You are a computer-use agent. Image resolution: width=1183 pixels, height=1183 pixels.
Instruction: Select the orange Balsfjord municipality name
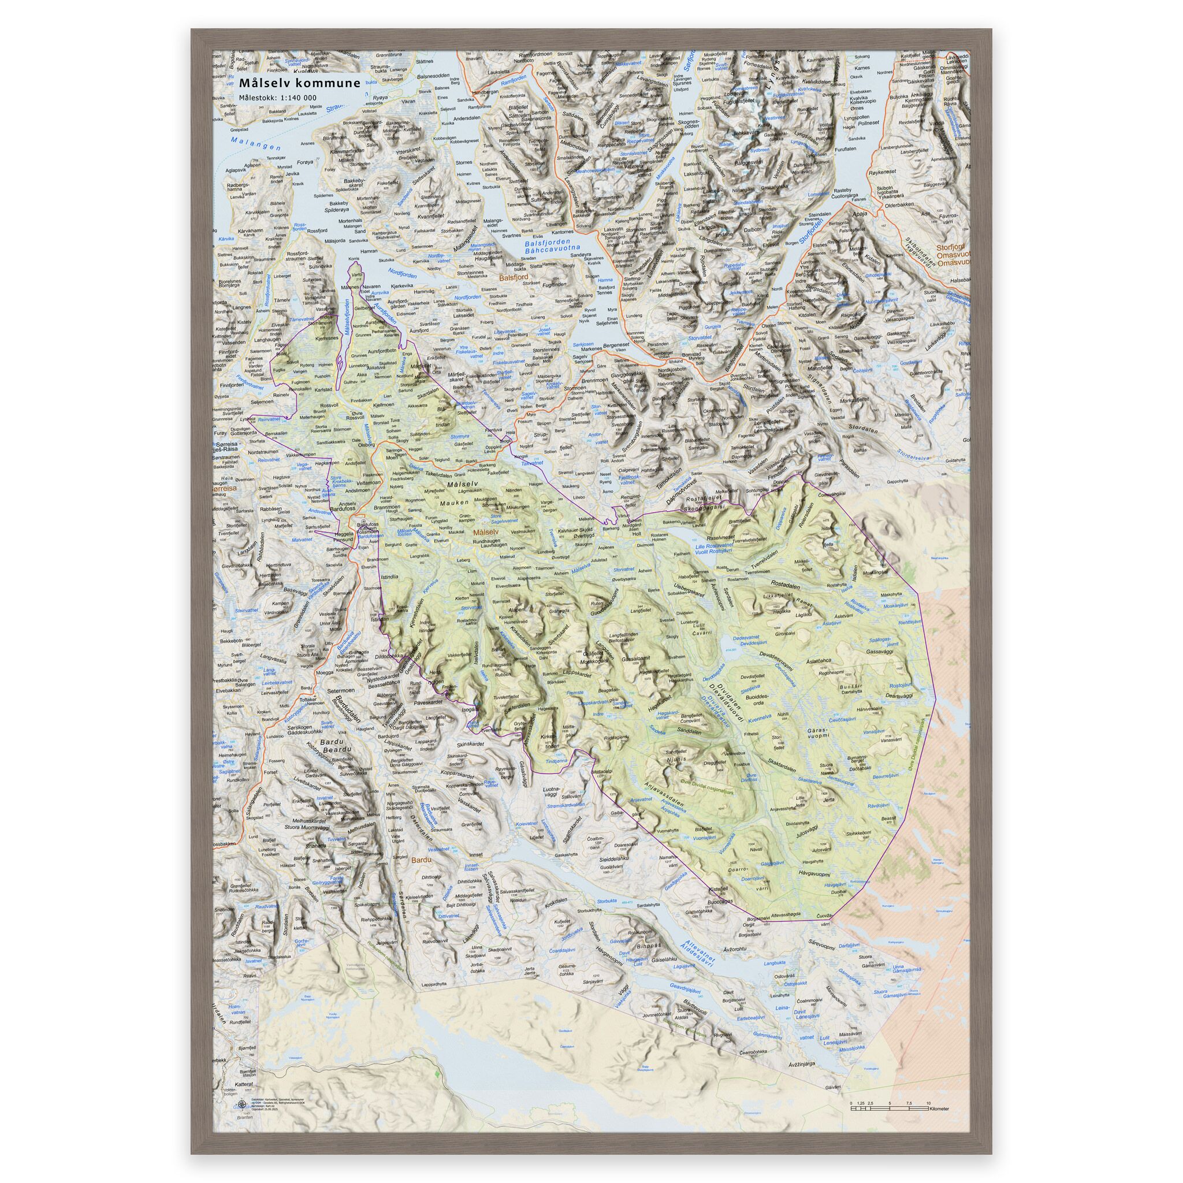pyautogui.click(x=513, y=277)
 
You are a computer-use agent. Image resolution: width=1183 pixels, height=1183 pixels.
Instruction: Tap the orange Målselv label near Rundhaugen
pyautogui.click(x=488, y=533)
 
